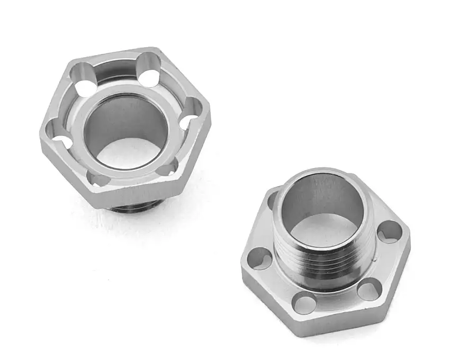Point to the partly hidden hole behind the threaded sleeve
coord(273,200)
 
